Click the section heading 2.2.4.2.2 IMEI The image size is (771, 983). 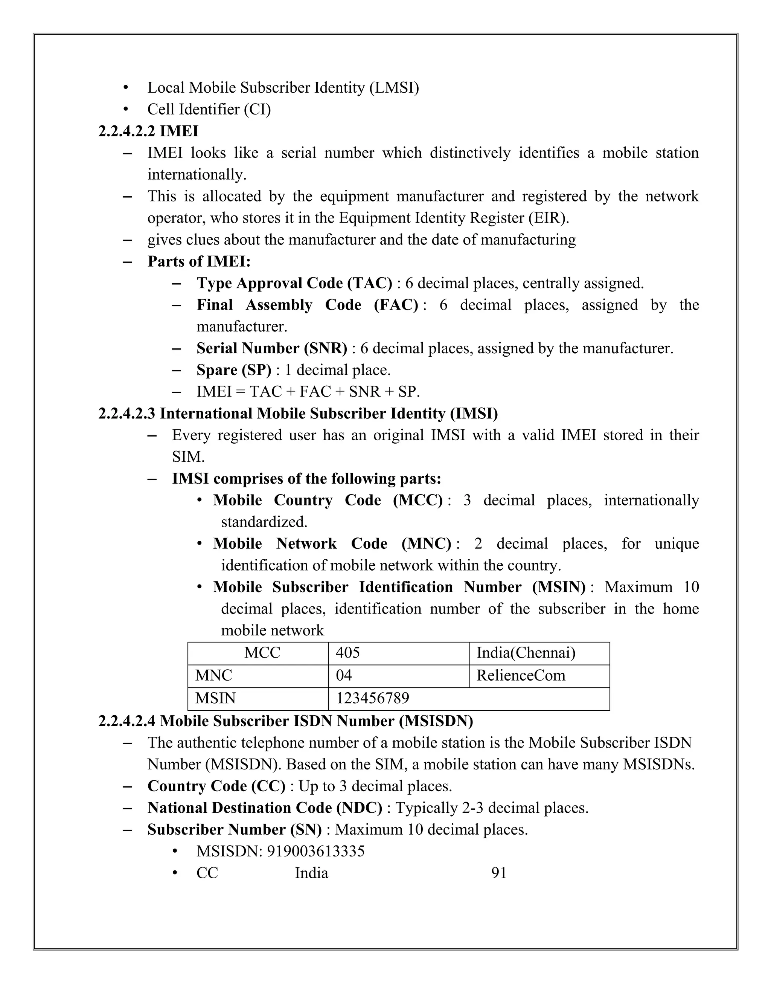148,131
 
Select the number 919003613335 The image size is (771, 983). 315,851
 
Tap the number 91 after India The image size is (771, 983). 498,873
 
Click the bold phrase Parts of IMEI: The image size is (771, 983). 199,261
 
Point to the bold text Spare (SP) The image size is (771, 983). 234,370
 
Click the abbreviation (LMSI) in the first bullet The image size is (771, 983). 394,88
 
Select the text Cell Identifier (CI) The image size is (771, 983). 209,109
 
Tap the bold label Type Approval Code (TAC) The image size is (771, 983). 294,283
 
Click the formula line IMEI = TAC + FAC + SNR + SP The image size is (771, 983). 308,391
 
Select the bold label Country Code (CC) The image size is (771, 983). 216,786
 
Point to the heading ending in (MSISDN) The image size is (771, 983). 285,721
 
